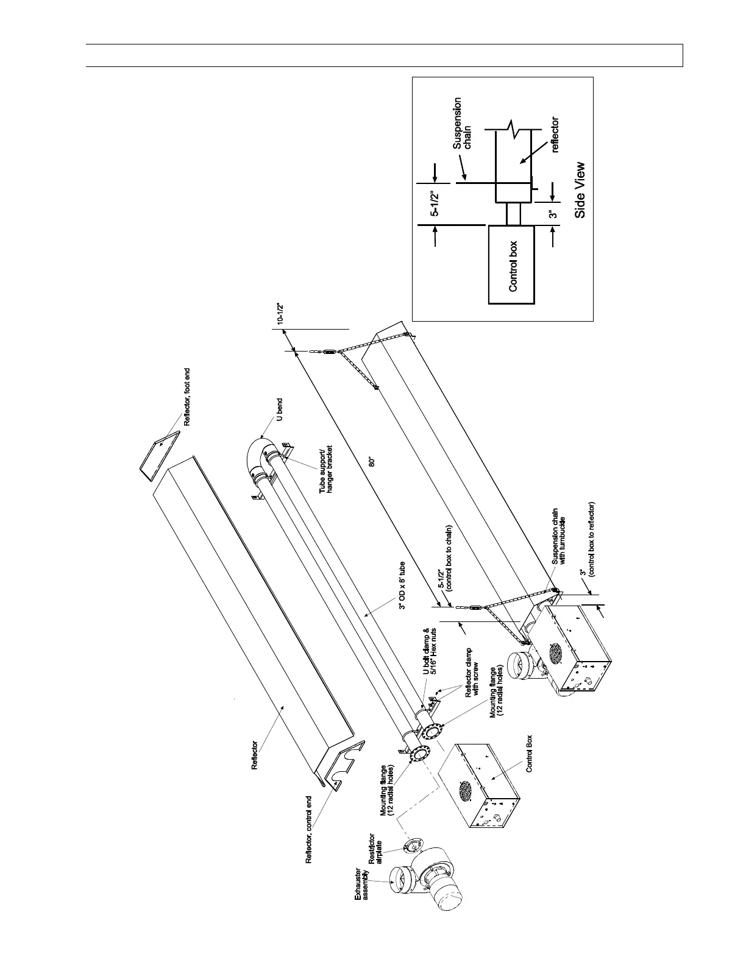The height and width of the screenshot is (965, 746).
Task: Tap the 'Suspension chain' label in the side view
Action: [461, 124]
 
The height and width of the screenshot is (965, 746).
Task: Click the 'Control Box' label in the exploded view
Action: [529, 753]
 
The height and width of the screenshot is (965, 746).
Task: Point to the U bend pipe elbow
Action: [259, 452]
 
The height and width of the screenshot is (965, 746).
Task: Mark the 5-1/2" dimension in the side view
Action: [435, 205]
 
